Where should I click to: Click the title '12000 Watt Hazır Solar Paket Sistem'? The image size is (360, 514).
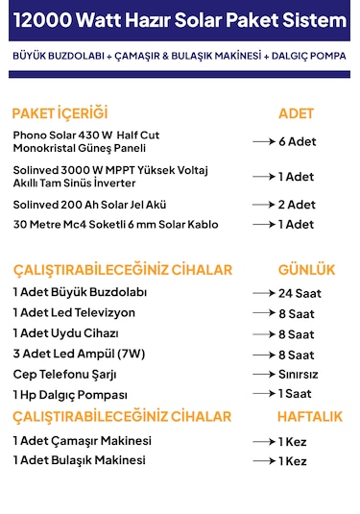click(x=180, y=21)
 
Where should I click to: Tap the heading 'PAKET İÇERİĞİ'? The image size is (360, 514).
click(x=60, y=112)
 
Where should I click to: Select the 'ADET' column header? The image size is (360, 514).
click(x=296, y=112)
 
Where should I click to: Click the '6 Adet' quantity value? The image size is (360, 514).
click(x=297, y=141)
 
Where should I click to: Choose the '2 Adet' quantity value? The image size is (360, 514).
click(x=297, y=205)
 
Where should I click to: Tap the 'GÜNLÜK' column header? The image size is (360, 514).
click(x=306, y=269)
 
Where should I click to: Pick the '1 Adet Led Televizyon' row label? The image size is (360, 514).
click(x=74, y=313)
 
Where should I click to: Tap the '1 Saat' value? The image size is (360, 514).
click(x=295, y=394)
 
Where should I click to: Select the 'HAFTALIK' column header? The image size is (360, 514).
click(x=309, y=416)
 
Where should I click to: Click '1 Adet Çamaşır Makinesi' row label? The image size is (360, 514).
click(x=83, y=440)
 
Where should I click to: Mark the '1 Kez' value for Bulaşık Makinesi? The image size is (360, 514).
click(x=292, y=461)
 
